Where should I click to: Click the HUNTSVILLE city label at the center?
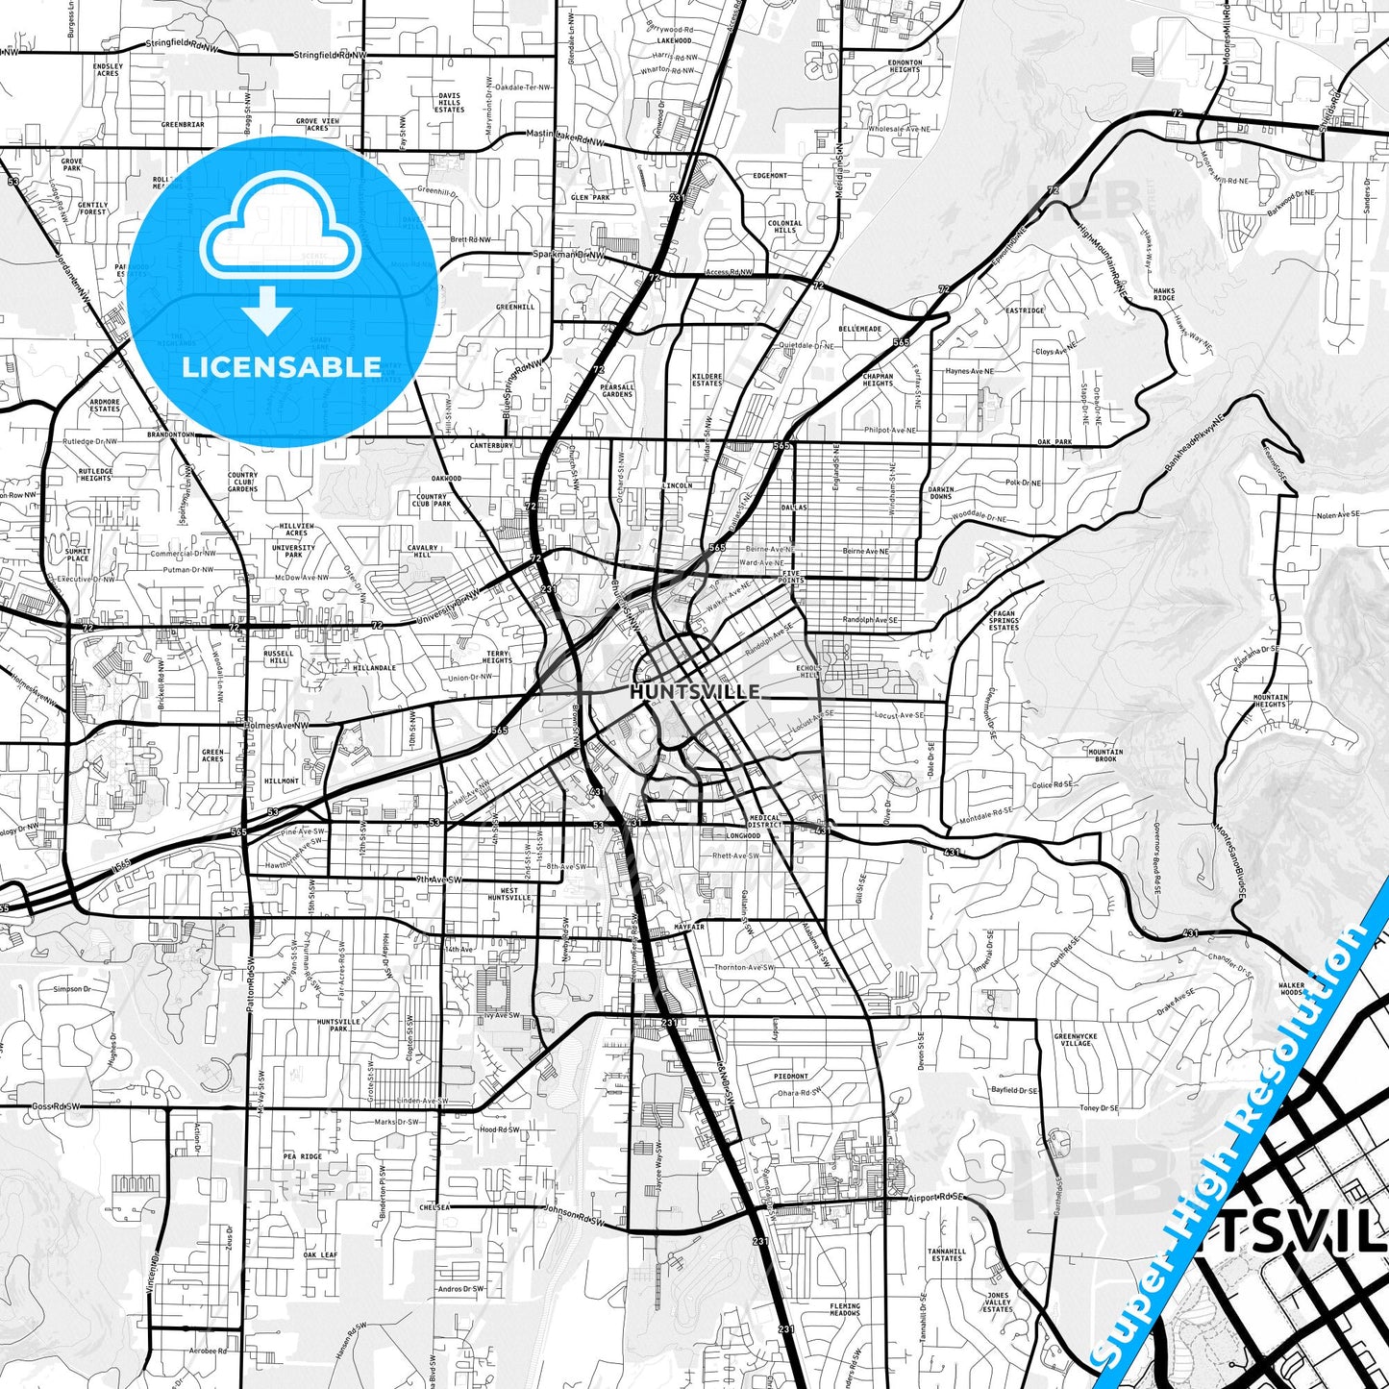tap(694, 691)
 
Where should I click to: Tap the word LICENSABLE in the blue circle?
tap(281, 367)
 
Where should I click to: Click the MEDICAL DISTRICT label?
tap(765, 822)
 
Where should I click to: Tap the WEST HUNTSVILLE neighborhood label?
tap(508, 894)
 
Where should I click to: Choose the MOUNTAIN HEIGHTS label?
tap(1271, 701)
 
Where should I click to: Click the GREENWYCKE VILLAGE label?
tap(1075, 1039)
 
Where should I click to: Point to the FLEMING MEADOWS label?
tap(845, 1310)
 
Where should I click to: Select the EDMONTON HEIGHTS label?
tap(905, 66)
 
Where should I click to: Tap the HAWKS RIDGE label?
tap(1163, 295)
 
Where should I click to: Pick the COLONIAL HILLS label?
tap(784, 227)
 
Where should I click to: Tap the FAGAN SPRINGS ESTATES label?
tap(1004, 620)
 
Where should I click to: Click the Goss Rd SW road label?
tap(54, 1106)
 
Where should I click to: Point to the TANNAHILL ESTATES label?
tap(946, 1253)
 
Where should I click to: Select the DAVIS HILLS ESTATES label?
tap(449, 102)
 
